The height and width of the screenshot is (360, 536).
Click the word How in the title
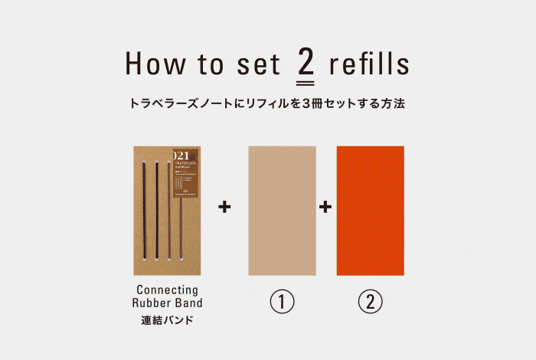click(x=152, y=65)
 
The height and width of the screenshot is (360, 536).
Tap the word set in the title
click(x=255, y=65)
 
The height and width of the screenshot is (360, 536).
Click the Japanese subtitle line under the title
click(x=267, y=103)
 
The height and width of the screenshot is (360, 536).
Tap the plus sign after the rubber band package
click(x=224, y=207)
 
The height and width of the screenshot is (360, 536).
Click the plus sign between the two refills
click(x=325, y=207)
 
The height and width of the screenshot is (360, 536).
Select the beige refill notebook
click(x=282, y=210)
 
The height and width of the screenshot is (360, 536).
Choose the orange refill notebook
click(x=370, y=210)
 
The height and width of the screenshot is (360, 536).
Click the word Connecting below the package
click(x=167, y=290)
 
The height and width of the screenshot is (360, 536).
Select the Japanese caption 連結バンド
click(x=167, y=319)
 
